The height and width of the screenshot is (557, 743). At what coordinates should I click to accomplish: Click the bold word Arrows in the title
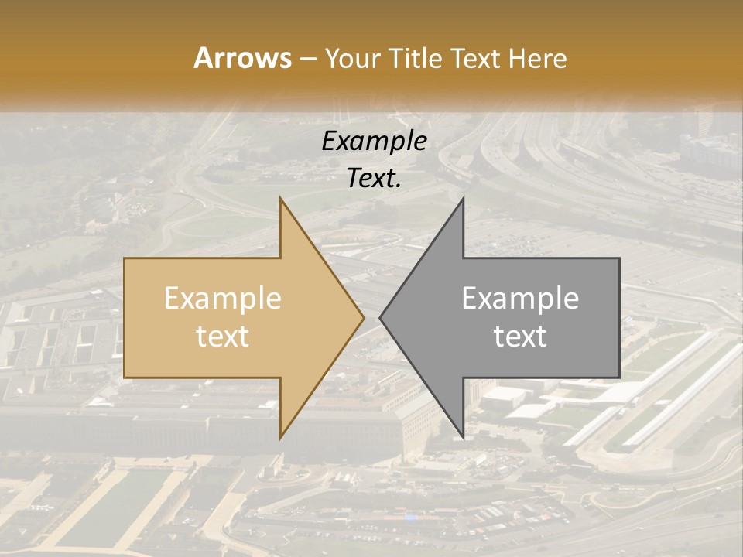tap(242, 58)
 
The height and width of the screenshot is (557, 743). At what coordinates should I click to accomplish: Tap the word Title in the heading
tap(418, 59)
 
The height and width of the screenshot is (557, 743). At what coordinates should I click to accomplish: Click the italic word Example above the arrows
tap(375, 142)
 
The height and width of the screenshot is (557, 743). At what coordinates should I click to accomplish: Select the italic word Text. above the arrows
tap(375, 179)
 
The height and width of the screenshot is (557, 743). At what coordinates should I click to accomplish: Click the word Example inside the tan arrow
tap(223, 299)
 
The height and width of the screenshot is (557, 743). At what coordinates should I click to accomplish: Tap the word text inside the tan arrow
tap(223, 337)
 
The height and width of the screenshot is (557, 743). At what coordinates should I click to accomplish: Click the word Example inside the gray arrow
tap(520, 299)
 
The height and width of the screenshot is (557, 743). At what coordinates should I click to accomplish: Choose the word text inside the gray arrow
tap(520, 337)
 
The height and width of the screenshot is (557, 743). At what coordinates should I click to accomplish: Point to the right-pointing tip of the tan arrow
tap(363, 317)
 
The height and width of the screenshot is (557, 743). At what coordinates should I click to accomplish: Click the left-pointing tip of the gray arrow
tap(381, 317)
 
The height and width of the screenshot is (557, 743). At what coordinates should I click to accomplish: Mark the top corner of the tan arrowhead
tap(280, 198)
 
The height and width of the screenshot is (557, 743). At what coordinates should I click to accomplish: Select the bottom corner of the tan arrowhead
tap(280, 438)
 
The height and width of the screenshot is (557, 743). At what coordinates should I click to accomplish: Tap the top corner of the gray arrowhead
tap(463, 198)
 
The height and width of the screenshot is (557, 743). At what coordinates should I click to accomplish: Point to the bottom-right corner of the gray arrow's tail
tap(619, 378)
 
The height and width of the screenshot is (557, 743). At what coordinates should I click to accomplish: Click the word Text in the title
tap(478, 59)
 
